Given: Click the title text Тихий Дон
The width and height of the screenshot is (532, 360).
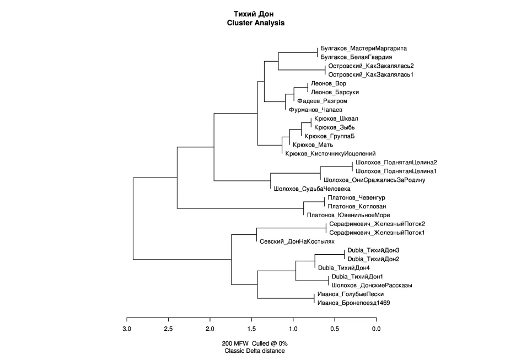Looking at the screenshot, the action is tap(254, 14).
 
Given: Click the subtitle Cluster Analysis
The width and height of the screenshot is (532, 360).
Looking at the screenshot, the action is tap(255, 23).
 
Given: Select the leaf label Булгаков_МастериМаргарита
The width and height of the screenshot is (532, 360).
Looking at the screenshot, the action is tap(363, 49).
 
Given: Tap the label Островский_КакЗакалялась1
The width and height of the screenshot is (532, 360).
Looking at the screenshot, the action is tap(371, 74).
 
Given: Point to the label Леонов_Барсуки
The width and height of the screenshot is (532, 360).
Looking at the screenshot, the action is tap(335, 92).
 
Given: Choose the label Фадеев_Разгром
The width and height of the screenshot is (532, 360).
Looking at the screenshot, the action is tap(322, 101).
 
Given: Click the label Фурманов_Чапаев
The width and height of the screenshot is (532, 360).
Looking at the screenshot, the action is tap(315, 110).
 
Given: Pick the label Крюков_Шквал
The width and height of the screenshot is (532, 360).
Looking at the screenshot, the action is tap(336, 119).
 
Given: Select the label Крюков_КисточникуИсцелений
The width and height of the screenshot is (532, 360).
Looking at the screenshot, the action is tap(330, 154).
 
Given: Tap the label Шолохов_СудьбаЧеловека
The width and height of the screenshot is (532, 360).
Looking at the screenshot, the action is tap(312, 189).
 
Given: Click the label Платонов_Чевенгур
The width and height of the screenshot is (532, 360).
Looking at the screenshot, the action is tap(356, 198).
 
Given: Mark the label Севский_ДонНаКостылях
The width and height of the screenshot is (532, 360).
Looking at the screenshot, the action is tap(297, 241).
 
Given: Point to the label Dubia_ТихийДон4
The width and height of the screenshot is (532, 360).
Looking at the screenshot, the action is tap(343, 268).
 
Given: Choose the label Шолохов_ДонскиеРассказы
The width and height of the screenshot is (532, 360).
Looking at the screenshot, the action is tap(372, 286).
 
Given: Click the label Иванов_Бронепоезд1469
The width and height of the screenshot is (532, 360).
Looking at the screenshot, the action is tap(353, 303).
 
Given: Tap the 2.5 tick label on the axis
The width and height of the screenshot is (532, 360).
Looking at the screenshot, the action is tap(168, 329).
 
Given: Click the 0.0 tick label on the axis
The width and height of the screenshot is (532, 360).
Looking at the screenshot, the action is tap(377, 329).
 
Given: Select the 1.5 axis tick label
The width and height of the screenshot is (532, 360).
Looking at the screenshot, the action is tap(251, 329).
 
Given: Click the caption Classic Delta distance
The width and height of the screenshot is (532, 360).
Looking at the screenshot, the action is tap(255, 351).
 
